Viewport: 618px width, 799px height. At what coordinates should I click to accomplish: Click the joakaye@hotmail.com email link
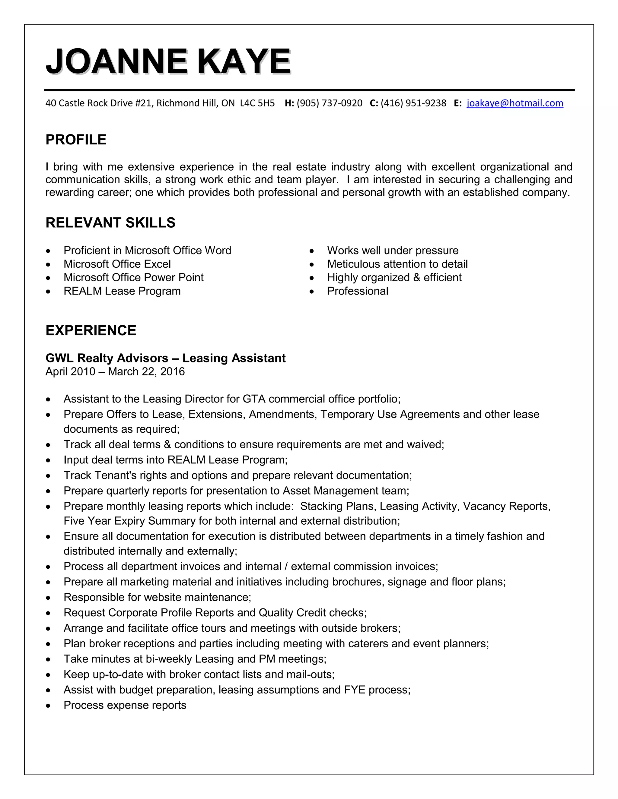(x=514, y=103)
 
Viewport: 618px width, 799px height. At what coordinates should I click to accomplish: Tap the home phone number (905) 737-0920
(x=329, y=103)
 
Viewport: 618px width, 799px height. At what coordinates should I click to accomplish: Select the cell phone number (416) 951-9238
(x=413, y=103)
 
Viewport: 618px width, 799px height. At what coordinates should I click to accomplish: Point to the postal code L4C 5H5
(x=257, y=103)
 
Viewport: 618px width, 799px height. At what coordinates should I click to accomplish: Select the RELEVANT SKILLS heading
(x=110, y=223)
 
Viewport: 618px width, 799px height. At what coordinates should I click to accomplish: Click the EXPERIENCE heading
(x=91, y=330)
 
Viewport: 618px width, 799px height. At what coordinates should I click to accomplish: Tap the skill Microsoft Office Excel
(x=117, y=264)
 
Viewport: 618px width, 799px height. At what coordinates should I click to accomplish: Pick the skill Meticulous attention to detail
(x=397, y=264)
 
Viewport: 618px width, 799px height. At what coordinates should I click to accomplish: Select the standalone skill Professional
(x=357, y=291)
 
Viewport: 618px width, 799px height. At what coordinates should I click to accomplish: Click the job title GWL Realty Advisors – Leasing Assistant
(x=165, y=358)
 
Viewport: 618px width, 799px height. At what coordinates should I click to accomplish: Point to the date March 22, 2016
(x=146, y=372)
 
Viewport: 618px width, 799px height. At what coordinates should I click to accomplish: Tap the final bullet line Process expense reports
(x=125, y=705)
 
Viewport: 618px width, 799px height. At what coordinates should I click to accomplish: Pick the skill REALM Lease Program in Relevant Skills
(x=122, y=291)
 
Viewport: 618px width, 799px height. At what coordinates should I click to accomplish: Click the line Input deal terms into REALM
(x=175, y=460)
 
